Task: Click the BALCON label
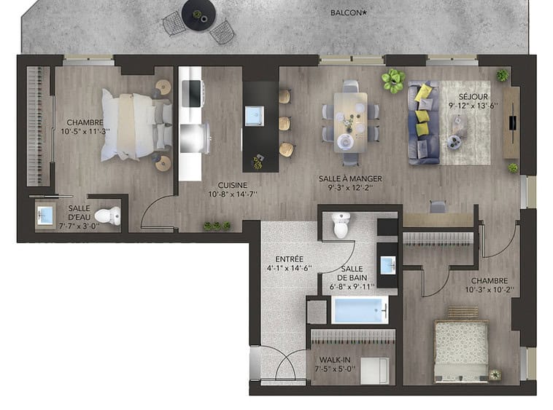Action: tap(349, 13)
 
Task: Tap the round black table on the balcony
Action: tap(198, 14)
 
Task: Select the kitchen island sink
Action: tap(255, 116)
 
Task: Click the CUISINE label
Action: tap(233, 185)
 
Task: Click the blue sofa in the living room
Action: tap(424, 123)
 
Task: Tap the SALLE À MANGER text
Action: tap(350, 178)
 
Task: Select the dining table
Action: tap(351, 122)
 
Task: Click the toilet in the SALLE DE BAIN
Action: tap(341, 225)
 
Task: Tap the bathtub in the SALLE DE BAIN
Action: tap(360, 310)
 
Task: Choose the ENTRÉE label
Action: tap(289, 259)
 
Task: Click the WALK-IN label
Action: tap(335, 360)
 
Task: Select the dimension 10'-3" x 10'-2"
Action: tap(490, 290)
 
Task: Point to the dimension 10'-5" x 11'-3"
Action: tap(85, 131)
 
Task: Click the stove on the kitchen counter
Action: tap(192, 94)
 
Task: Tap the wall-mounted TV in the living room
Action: tap(512, 123)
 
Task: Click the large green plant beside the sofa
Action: tap(393, 81)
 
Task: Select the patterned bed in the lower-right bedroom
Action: tap(461, 351)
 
